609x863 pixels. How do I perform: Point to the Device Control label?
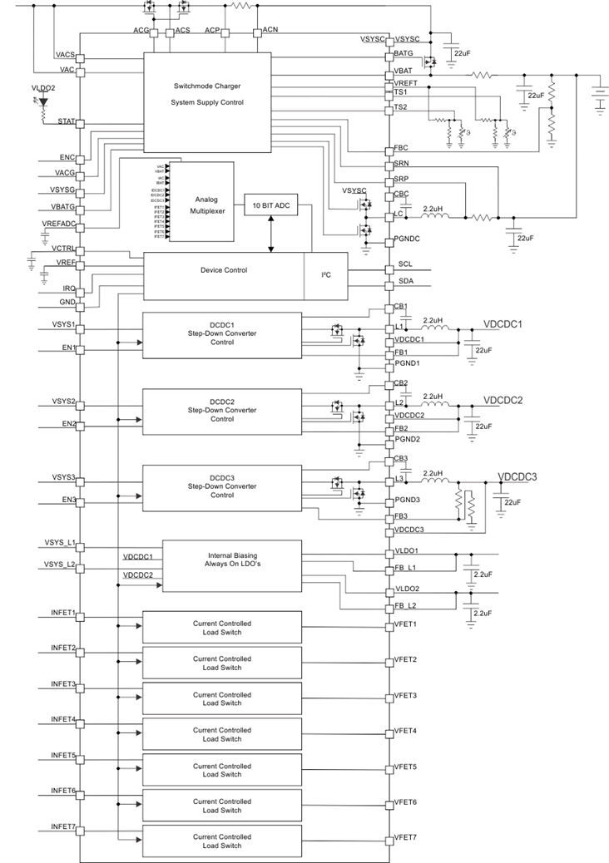pos(223,270)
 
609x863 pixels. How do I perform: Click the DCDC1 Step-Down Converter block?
pos(222,336)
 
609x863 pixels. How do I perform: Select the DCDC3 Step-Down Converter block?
pos(222,488)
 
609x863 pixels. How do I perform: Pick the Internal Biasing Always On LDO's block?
pos(231,565)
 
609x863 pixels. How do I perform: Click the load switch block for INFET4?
pos(222,734)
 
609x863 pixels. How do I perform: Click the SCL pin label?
pos(405,264)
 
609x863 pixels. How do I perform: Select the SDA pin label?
pos(405,282)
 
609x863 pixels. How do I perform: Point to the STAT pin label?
pos(66,121)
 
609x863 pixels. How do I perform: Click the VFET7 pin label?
pos(405,837)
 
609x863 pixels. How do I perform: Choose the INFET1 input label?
pos(63,613)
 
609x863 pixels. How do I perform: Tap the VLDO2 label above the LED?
pos(43,87)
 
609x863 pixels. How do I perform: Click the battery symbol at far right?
pos(597,93)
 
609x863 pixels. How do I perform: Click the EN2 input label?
pos(68,424)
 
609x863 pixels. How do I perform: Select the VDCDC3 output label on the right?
pos(517,476)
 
